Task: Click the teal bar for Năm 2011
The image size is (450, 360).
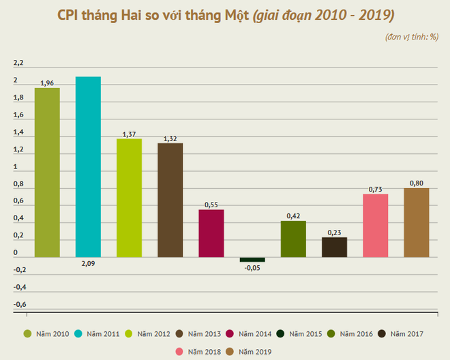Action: [88, 166]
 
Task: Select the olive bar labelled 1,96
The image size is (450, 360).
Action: [47, 172]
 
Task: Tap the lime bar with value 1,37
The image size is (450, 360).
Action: [129, 198]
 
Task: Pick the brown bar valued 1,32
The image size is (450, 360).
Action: [170, 200]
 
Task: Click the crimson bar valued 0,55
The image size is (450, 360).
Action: [211, 233]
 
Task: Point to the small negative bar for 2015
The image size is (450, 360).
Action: [252, 260]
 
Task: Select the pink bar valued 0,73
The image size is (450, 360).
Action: [375, 226]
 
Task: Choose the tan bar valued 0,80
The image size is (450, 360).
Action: [416, 222]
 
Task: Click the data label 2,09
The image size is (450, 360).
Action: [88, 263]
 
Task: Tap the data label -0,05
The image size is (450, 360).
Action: [252, 268]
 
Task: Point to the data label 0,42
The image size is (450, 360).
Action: [293, 216]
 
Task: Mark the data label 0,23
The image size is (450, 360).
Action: [334, 232]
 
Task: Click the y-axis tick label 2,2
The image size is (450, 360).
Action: [18, 63]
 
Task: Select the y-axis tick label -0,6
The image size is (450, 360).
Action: [20, 304]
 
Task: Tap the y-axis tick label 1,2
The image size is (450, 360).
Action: [18, 150]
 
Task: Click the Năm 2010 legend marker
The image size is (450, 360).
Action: [28, 334]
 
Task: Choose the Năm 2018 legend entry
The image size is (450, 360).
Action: [199, 351]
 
